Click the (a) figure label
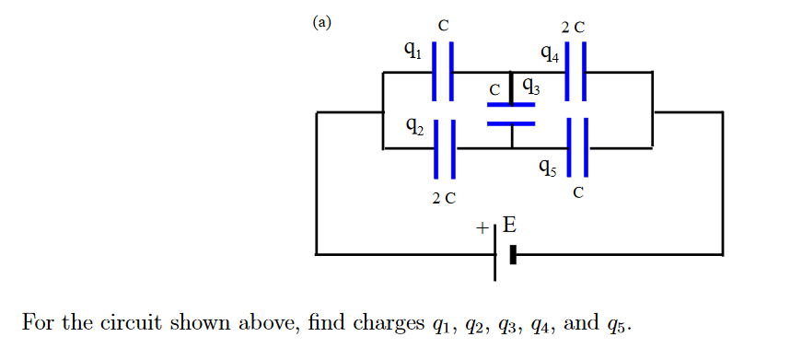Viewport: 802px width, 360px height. coord(321,23)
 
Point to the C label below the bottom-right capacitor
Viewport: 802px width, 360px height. coord(577,192)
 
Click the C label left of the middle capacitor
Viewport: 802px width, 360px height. coord(494,90)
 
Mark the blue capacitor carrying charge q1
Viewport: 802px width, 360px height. coord(443,70)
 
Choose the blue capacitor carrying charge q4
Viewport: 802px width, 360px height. coord(575,70)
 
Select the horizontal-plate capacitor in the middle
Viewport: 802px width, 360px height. coord(511,113)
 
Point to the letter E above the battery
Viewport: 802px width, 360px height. coord(508,224)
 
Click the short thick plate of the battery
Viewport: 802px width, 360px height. coord(513,254)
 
